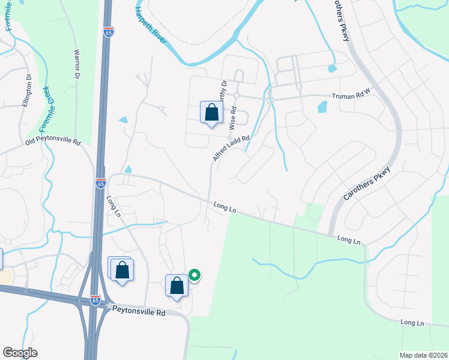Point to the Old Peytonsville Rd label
[53, 142]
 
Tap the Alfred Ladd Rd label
[231, 148]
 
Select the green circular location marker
[194, 275]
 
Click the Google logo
[20, 352]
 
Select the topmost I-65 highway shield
[108, 32]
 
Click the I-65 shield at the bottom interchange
[95, 301]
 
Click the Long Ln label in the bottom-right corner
[412, 323]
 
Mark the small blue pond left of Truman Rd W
[322, 107]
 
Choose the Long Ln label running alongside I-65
[114, 206]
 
